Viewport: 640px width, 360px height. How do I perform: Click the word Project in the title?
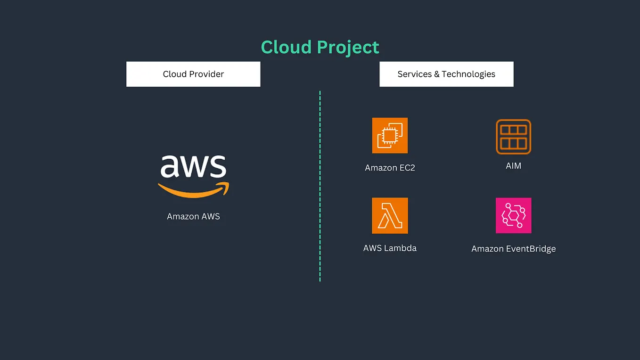[x=348, y=48]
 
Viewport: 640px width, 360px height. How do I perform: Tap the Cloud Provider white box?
[x=193, y=74]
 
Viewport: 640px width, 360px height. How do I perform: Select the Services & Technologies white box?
[x=446, y=74]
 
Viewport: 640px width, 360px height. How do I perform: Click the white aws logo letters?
[x=193, y=166]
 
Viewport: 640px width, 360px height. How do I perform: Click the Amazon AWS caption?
[x=193, y=217]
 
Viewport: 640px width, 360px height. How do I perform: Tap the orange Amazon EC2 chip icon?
[x=390, y=136]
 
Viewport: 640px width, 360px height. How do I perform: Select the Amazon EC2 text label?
[x=390, y=168]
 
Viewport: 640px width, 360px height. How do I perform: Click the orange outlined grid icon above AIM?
[x=513, y=137]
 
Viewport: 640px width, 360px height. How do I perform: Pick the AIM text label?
[x=513, y=166]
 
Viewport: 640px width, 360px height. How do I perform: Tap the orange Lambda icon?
[x=390, y=216]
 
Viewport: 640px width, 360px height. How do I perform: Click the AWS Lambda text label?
[x=390, y=248]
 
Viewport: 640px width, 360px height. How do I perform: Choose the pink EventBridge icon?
[x=513, y=215]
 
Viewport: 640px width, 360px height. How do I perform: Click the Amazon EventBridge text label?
[x=513, y=249]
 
